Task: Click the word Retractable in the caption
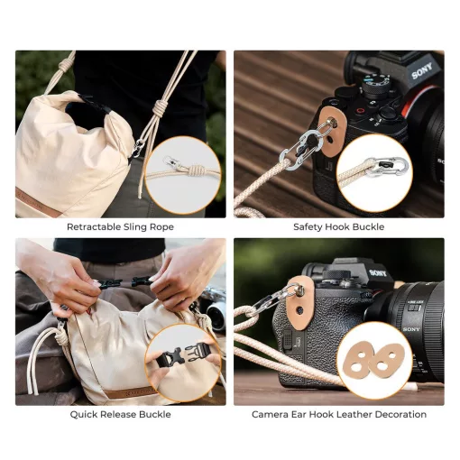[x=94, y=226]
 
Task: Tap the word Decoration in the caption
[x=400, y=414]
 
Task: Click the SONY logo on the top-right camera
[x=422, y=70]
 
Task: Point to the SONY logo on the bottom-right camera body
[x=378, y=273]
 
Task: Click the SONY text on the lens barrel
[x=411, y=329]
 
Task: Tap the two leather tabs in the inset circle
[x=374, y=361]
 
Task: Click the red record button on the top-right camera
[x=359, y=110]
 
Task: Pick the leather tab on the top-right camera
[x=330, y=132]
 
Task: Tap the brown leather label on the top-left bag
[x=38, y=202]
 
